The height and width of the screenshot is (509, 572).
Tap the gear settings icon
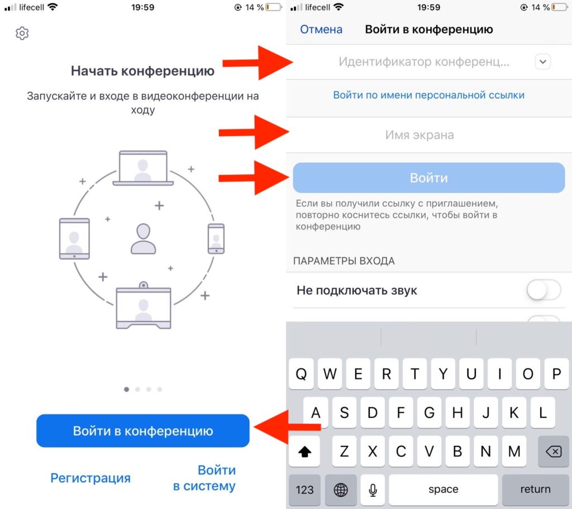[x=22, y=33]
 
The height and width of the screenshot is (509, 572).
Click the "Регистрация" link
[x=90, y=478]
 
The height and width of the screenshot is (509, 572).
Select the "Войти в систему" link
[x=204, y=478]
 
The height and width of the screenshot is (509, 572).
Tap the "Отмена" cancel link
[x=321, y=29]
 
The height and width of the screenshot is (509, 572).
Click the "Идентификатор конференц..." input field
[x=423, y=62]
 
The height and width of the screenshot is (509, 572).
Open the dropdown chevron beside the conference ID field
[x=543, y=62]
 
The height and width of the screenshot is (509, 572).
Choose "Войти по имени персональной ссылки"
[x=428, y=95]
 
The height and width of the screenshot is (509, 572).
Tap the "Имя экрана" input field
[x=420, y=135]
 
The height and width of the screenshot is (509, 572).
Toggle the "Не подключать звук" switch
[x=544, y=290]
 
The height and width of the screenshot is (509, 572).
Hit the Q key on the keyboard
[x=301, y=374]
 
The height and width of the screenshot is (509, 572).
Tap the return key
[x=535, y=489]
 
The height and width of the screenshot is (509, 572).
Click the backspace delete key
[x=554, y=451]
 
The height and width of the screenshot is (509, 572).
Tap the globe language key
[x=341, y=489]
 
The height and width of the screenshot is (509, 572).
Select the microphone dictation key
[x=373, y=489]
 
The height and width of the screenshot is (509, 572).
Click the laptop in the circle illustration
[x=143, y=168]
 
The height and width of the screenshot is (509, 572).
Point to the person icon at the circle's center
[x=144, y=239]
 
